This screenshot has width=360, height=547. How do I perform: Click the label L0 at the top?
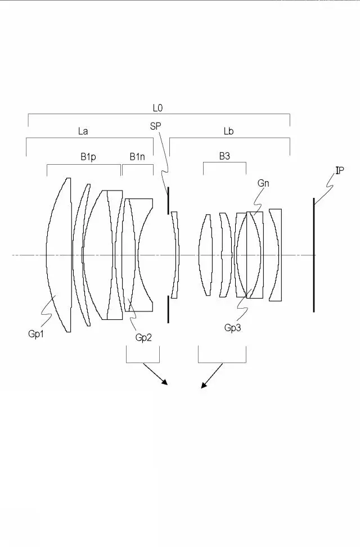click(x=158, y=108)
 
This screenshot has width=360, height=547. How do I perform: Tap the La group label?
click(x=83, y=131)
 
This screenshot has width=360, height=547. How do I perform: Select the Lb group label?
click(x=228, y=131)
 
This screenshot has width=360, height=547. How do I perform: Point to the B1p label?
click(x=88, y=157)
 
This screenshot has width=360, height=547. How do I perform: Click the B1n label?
click(x=137, y=157)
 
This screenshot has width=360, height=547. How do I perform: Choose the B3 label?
click(x=224, y=156)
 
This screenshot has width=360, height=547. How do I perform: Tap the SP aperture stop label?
click(x=155, y=126)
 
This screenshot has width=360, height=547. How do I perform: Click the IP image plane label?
click(x=340, y=170)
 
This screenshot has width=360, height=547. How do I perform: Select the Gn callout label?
click(x=263, y=183)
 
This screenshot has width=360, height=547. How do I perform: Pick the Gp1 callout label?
click(x=36, y=334)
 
